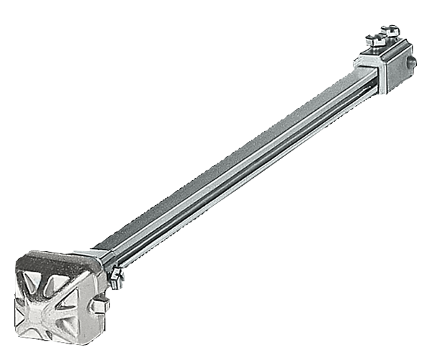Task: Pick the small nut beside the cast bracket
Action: (x=115, y=276)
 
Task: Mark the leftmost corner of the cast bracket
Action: (x=16, y=271)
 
